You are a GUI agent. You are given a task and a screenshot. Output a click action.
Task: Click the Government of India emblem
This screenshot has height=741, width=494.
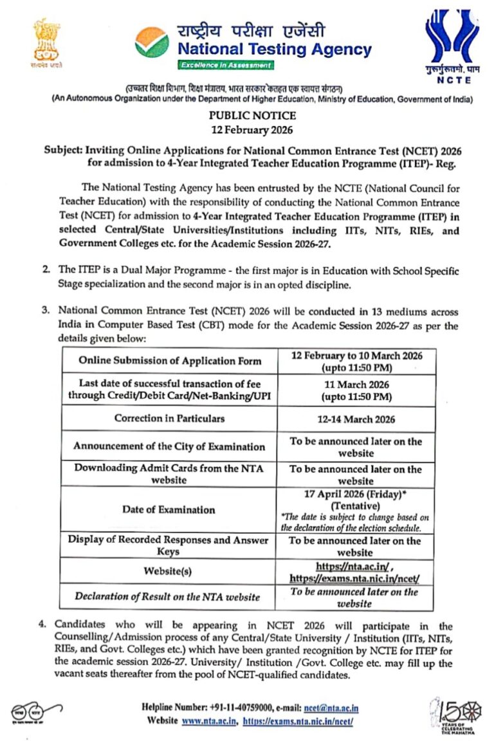point(48,44)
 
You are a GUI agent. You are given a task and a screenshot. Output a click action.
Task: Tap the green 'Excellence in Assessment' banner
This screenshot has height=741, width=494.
point(226,66)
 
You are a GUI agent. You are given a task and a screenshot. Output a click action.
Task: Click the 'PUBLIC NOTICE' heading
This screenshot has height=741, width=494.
point(252,116)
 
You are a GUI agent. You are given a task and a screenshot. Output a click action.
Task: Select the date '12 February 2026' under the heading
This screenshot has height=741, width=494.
point(252,131)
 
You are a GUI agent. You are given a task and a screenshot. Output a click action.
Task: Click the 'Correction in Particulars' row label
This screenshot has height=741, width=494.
point(169,418)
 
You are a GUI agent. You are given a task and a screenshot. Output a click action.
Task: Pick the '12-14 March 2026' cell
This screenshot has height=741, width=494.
point(356,419)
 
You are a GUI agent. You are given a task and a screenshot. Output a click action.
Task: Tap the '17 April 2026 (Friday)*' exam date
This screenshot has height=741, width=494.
point(356,495)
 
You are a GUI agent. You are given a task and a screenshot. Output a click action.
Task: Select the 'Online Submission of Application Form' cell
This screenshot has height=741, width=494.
point(170,360)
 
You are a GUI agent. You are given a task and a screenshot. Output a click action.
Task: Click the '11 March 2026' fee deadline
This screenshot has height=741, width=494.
point(356,385)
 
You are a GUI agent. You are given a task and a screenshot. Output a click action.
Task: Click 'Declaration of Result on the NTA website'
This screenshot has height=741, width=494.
point(167,597)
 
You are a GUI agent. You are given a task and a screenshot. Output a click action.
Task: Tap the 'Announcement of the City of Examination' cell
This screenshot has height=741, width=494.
point(169,446)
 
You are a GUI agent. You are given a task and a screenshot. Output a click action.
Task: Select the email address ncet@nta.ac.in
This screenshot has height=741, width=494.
point(331,708)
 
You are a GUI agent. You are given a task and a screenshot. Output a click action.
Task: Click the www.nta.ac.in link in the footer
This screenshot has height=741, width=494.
point(208,721)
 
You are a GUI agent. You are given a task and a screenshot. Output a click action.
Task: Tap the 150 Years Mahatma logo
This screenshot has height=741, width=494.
point(453,714)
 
